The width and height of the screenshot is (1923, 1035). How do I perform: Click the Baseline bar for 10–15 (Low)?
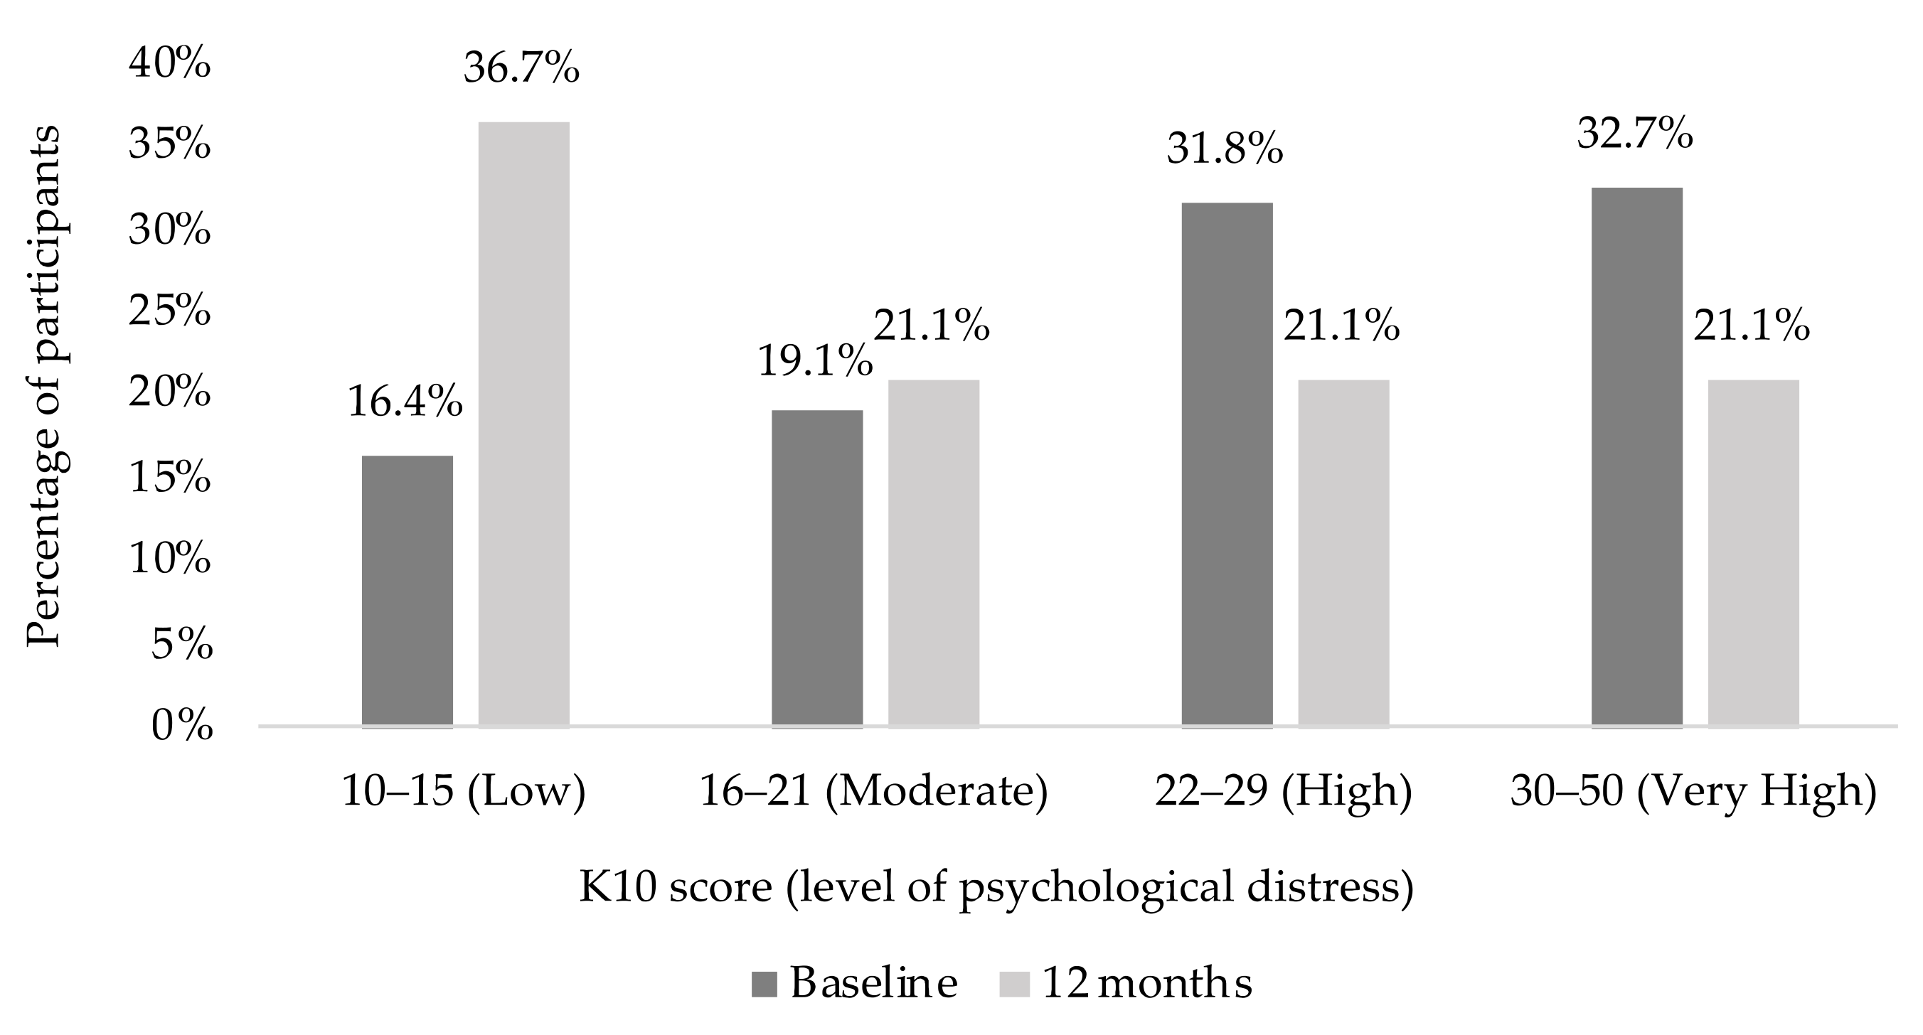coord(407,591)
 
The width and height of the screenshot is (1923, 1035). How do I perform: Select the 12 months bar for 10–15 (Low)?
coord(523,424)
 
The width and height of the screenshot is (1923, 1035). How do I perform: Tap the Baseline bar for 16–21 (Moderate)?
coord(816,569)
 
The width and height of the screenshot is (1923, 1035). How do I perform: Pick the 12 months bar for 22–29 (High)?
coord(1343,553)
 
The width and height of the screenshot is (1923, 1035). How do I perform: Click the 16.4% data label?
coord(405,402)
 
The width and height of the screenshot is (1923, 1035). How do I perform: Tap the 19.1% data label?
coord(814,361)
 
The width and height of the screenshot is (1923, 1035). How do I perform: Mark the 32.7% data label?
coord(1634,134)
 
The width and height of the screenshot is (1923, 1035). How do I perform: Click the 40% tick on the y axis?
coord(169,63)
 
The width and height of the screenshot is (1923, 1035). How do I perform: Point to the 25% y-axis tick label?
coord(169,310)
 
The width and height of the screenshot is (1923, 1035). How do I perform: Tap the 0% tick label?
coord(181,725)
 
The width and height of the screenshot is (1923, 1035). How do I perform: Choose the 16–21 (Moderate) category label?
coord(873,791)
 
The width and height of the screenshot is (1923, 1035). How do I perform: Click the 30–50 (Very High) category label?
coord(1693,791)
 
